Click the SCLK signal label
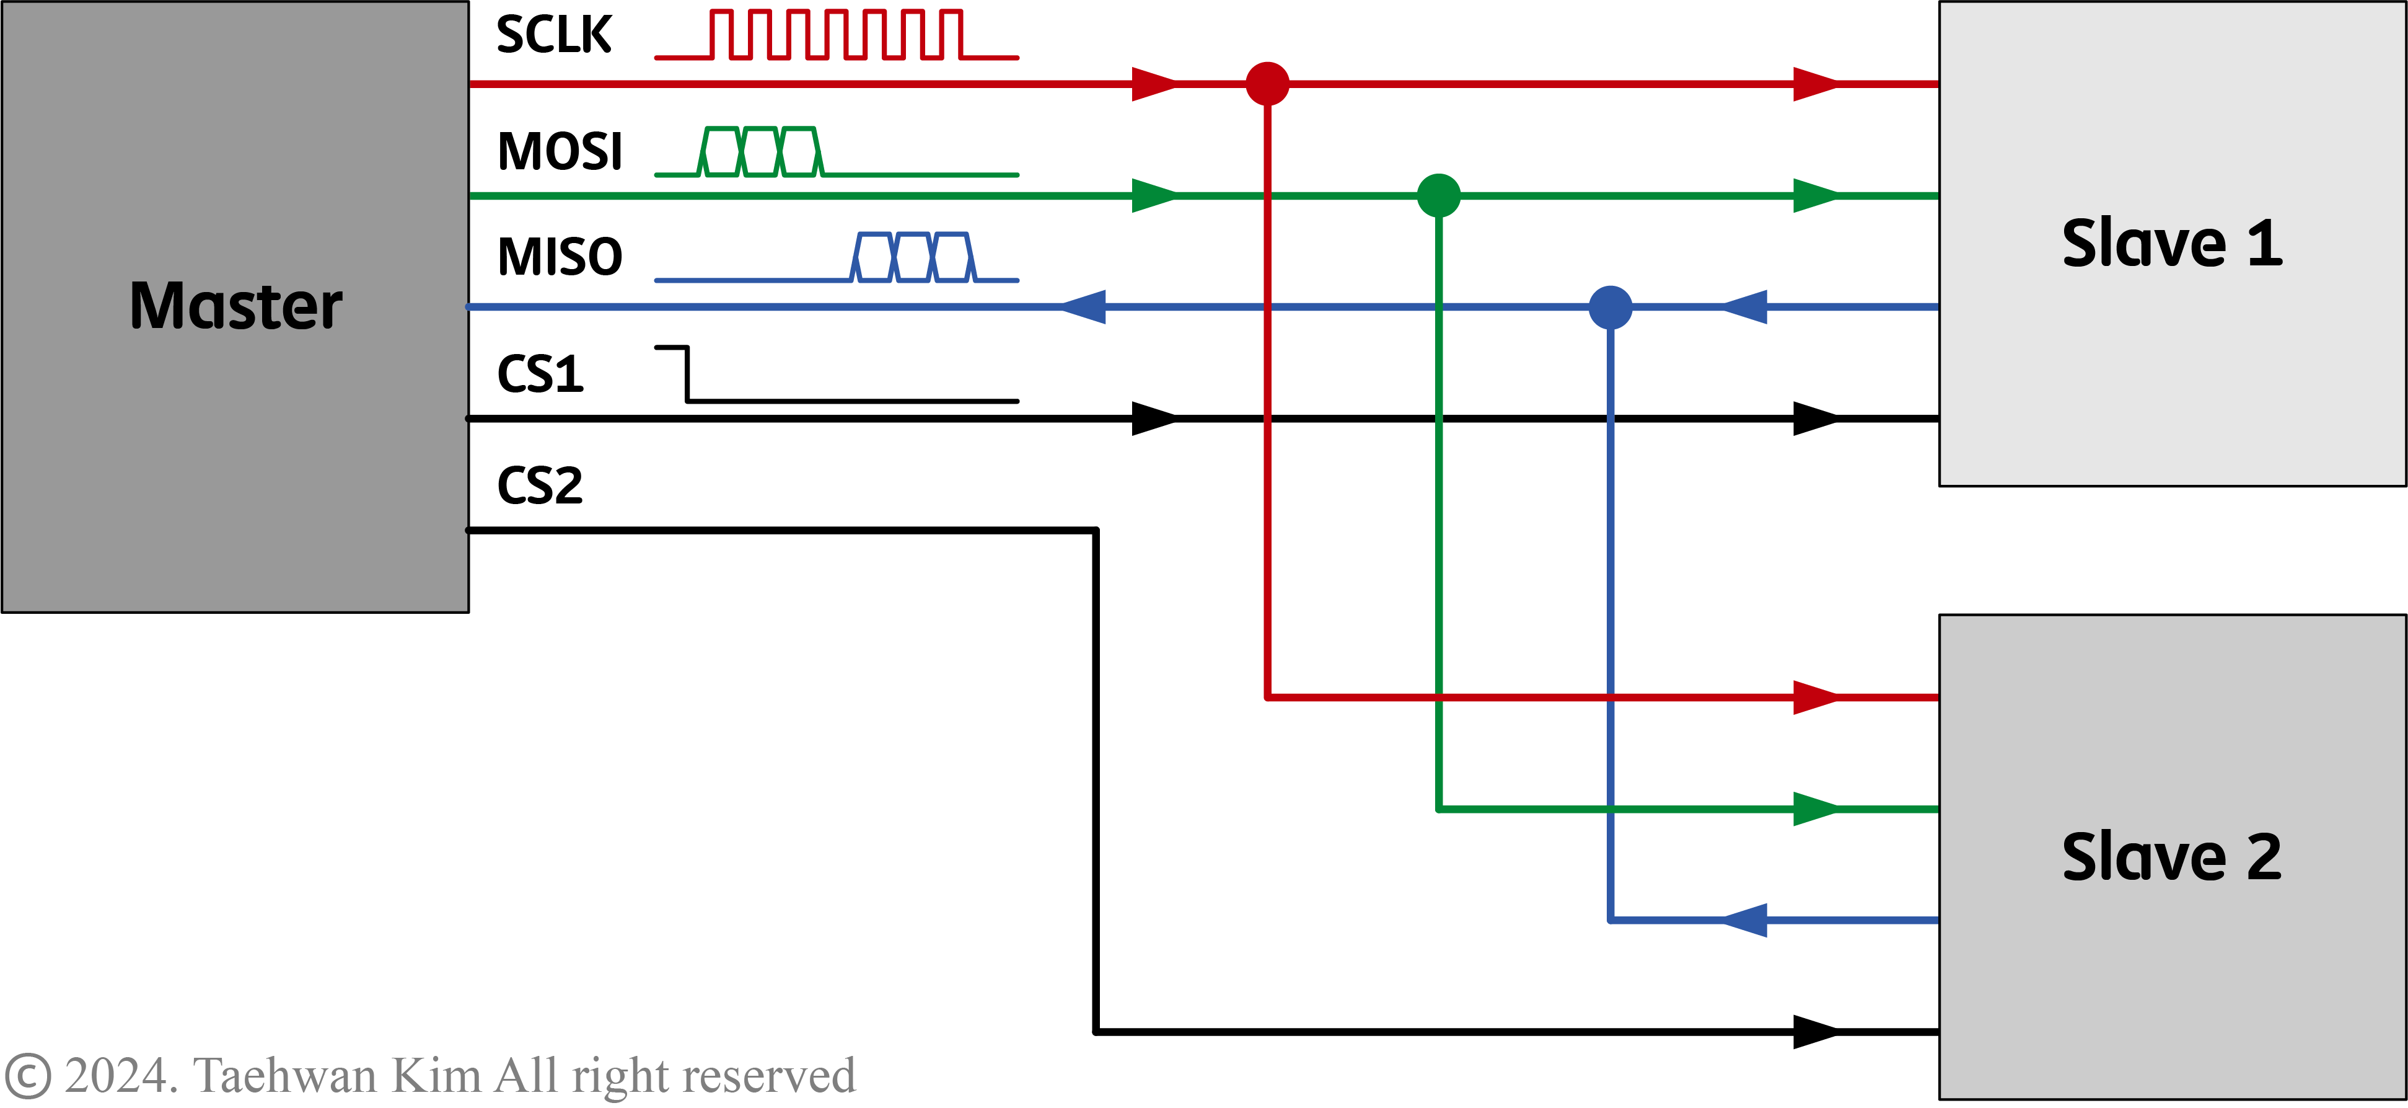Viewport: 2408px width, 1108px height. [553, 35]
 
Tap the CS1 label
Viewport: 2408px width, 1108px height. [540, 374]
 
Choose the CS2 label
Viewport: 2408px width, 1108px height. [540, 485]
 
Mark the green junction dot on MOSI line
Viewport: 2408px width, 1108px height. [1439, 195]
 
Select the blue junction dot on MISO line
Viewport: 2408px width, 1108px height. [1610, 307]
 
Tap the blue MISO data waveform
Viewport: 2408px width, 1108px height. [914, 257]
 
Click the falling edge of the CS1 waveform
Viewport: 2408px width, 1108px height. [688, 374]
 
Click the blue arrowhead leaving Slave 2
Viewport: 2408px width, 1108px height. [1744, 920]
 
